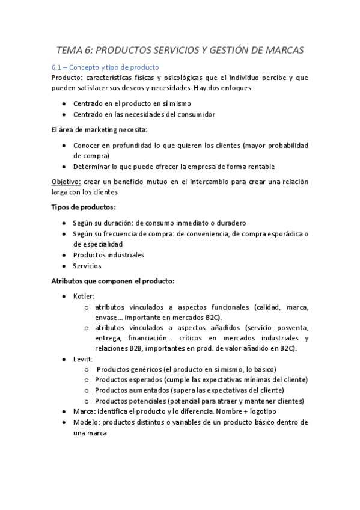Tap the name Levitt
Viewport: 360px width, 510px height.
pos(83,359)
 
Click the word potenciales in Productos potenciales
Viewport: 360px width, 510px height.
pos(147,401)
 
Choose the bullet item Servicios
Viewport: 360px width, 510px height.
pos(87,265)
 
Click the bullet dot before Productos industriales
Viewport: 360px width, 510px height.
pos(64,255)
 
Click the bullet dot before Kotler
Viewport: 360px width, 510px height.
pos(64,296)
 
